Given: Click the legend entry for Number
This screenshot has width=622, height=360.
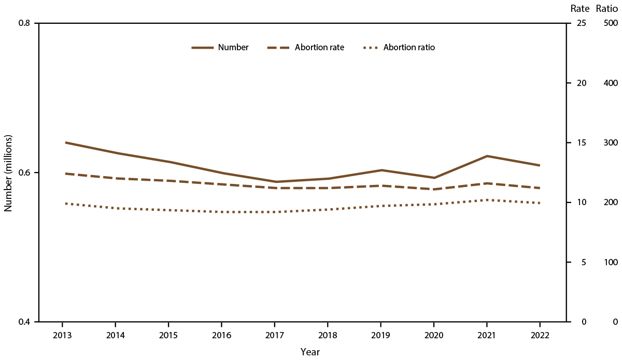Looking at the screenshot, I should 220,47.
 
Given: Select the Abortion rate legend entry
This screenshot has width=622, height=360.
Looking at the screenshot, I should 306,47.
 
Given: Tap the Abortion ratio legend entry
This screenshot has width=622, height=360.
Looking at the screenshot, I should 399,47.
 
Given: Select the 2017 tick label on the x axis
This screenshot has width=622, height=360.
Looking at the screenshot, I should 275,335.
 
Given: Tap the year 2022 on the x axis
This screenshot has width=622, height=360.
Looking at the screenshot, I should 540,335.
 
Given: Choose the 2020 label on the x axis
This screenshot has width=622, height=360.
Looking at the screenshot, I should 434,335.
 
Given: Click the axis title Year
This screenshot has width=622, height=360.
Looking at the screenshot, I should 310,352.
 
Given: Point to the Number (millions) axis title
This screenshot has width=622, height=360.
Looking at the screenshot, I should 8,172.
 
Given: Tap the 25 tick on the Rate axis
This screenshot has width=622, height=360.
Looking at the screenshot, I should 582,23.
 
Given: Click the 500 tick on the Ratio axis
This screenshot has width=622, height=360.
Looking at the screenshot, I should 611,23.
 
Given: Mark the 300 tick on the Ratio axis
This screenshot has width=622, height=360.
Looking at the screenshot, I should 611,143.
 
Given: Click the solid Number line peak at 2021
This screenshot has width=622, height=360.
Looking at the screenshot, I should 487,156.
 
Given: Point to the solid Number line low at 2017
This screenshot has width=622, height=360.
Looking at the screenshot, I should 275,182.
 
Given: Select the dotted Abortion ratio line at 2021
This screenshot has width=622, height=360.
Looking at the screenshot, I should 487,200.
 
